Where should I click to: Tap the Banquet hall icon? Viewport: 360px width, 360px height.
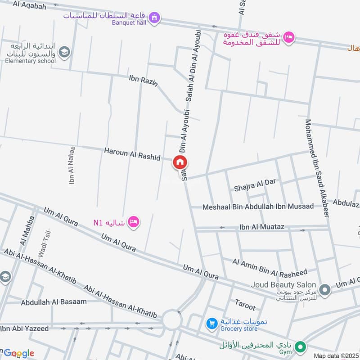[155, 18]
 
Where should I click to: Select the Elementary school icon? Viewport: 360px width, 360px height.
[64, 52]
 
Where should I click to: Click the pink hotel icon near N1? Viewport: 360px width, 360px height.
[133, 221]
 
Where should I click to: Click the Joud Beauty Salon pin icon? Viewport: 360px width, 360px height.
[324, 290]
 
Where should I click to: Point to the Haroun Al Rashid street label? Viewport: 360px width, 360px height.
[132, 153]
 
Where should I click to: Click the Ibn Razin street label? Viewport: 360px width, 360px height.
[143, 81]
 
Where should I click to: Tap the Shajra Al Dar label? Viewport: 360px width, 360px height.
[255, 184]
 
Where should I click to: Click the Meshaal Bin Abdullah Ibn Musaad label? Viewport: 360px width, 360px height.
[258, 207]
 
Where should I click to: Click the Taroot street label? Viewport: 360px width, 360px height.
[245, 305]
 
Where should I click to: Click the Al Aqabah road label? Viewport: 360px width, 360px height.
[30, 5]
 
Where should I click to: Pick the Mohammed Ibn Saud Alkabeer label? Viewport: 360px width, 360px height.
[317, 168]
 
